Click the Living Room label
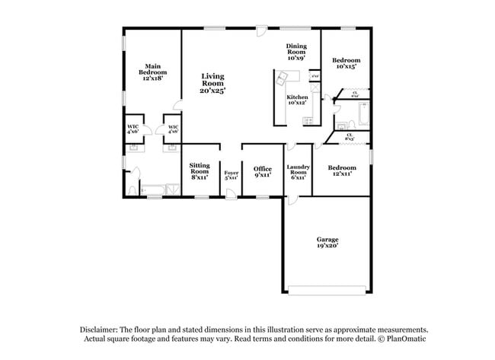[x=212, y=83]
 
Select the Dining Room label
[x=296, y=52]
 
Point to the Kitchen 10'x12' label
[x=297, y=100]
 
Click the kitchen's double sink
[x=283, y=76]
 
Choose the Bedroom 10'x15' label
[x=346, y=63]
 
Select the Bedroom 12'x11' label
[x=341, y=170]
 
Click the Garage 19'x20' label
[x=327, y=243]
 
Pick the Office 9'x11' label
[x=262, y=171]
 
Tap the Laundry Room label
[x=297, y=172]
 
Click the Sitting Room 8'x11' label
[x=200, y=172]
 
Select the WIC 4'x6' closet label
[x=133, y=129]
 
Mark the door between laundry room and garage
[x=292, y=199]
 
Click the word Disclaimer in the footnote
[x=101, y=329]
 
